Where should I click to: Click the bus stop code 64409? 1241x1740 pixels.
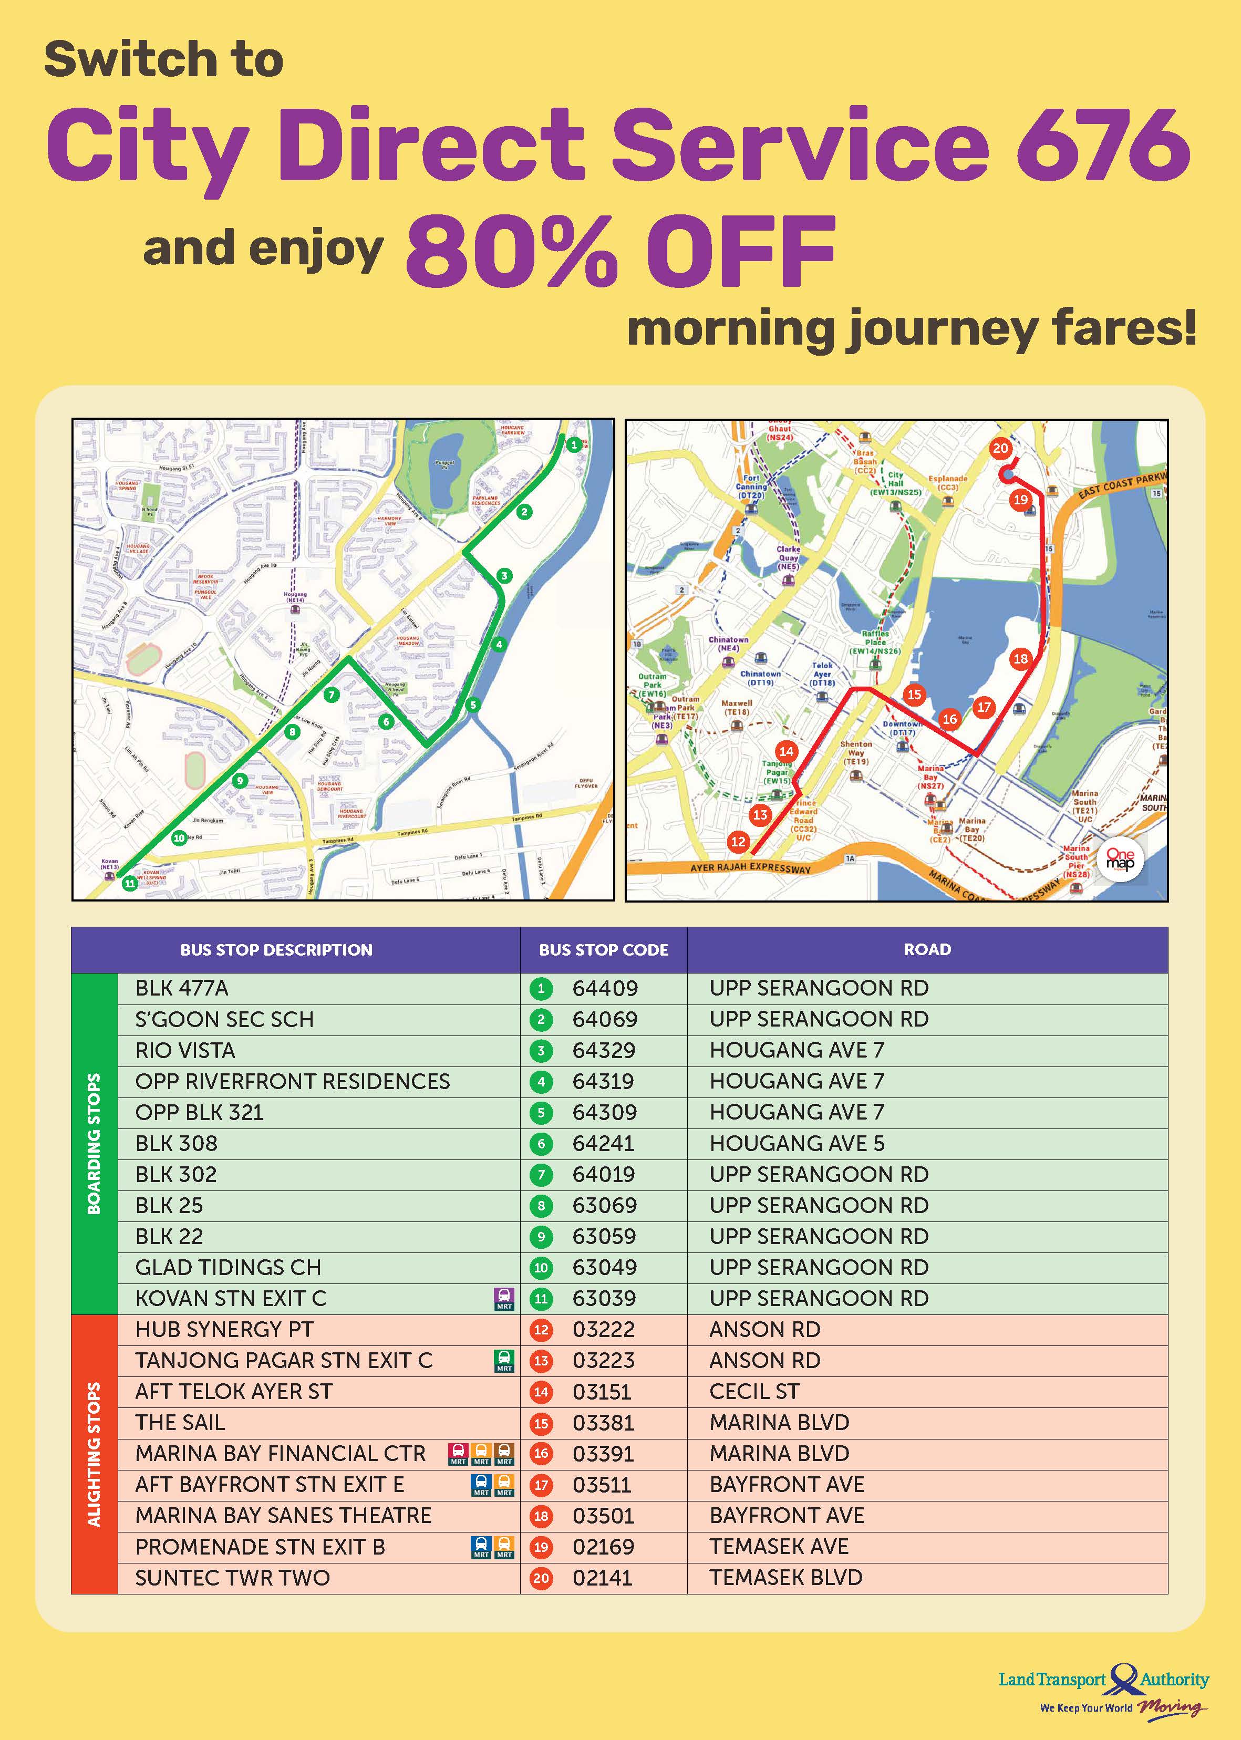click(x=604, y=988)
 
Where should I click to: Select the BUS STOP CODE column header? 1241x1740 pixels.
click(x=604, y=950)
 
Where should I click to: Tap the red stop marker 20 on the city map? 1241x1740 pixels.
click(x=1000, y=449)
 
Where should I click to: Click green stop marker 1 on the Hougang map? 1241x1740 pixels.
click(x=574, y=445)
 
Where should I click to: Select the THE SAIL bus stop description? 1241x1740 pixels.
click(x=180, y=1423)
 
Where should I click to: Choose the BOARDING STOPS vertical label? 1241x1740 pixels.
click(x=94, y=1143)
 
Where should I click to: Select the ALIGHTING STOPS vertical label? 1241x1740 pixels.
click(x=94, y=1454)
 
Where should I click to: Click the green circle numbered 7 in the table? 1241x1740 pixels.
click(x=541, y=1175)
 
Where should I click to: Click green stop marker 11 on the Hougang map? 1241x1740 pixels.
click(x=130, y=883)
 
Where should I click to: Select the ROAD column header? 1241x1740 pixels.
click(x=927, y=950)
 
